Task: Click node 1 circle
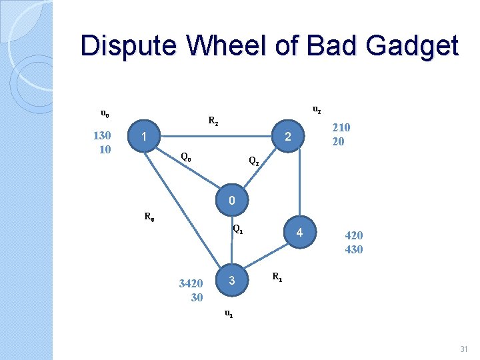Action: click(x=143, y=137)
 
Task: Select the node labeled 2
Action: click(x=287, y=137)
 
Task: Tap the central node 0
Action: click(x=231, y=200)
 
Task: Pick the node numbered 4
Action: click(x=300, y=233)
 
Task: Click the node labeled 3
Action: click(x=231, y=281)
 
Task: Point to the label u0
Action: click(x=105, y=113)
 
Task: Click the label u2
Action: click(x=317, y=109)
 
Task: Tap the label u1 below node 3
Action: click(x=228, y=313)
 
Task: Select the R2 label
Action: click(x=213, y=121)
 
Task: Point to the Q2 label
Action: click(x=253, y=161)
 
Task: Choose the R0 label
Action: click(x=150, y=216)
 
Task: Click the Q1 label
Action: click(x=237, y=231)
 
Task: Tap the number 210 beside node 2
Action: click(x=341, y=127)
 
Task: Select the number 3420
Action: click(x=191, y=284)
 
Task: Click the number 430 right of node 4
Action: click(x=353, y=249)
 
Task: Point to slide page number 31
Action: click(x=464, y=349)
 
